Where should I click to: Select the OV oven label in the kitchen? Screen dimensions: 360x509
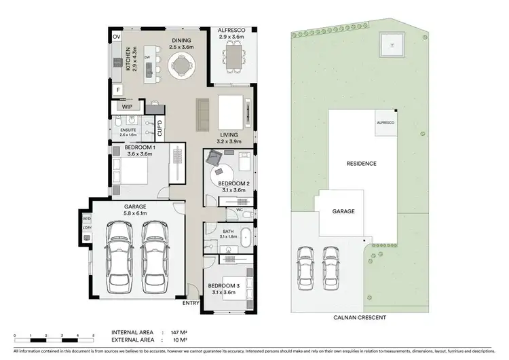tap(116, 37)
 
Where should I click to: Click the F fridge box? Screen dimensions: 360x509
tap(117, 89)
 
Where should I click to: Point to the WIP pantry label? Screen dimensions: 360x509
tap(127, 107)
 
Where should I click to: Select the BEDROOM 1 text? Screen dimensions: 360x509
tap(140, 147)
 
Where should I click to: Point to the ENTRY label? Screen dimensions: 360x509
tap(191, 303)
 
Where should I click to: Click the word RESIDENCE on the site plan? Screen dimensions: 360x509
tap(361, 164)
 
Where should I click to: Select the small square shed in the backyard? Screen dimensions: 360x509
tap(392, 47)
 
